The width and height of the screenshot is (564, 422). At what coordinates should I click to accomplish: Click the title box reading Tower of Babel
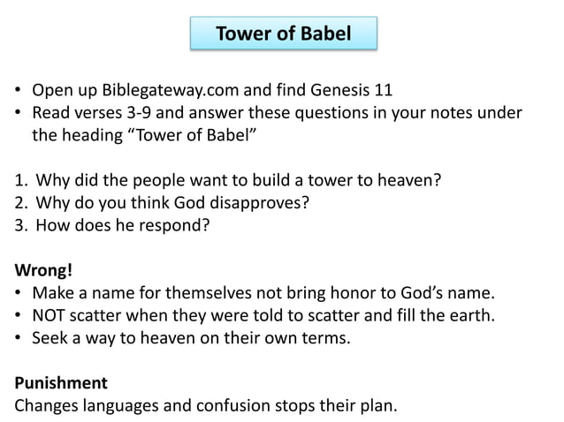283,34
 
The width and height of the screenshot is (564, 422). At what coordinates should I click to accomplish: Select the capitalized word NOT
51,315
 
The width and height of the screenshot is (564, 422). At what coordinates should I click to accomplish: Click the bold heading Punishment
61,383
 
